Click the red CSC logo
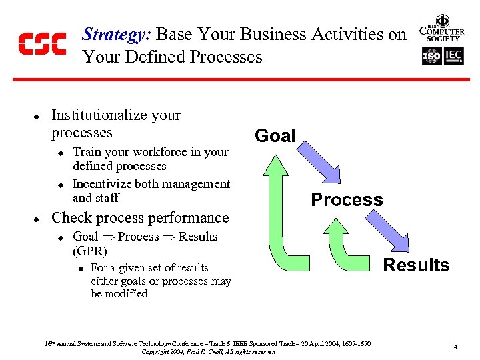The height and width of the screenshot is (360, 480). [x=42, y=43]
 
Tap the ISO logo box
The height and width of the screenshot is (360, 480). [x=431, y=56]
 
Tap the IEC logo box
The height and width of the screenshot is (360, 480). [x=453, y=56]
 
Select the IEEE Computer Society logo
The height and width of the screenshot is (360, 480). [x=441, y=29]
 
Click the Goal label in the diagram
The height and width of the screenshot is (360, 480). [x=275, y=136]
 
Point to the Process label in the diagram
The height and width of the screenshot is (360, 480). [x=347, y=199]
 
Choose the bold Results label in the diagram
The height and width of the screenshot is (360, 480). [x=416, y=265]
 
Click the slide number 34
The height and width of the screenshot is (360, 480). [x=453, y=347]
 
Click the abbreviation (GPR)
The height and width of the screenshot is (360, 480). [x=90, y=251]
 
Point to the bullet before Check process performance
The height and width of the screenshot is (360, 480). [x=37, y=219]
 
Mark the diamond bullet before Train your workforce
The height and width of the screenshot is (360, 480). [x=59, y=153]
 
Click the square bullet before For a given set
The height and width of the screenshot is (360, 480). [x=79, y=269]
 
